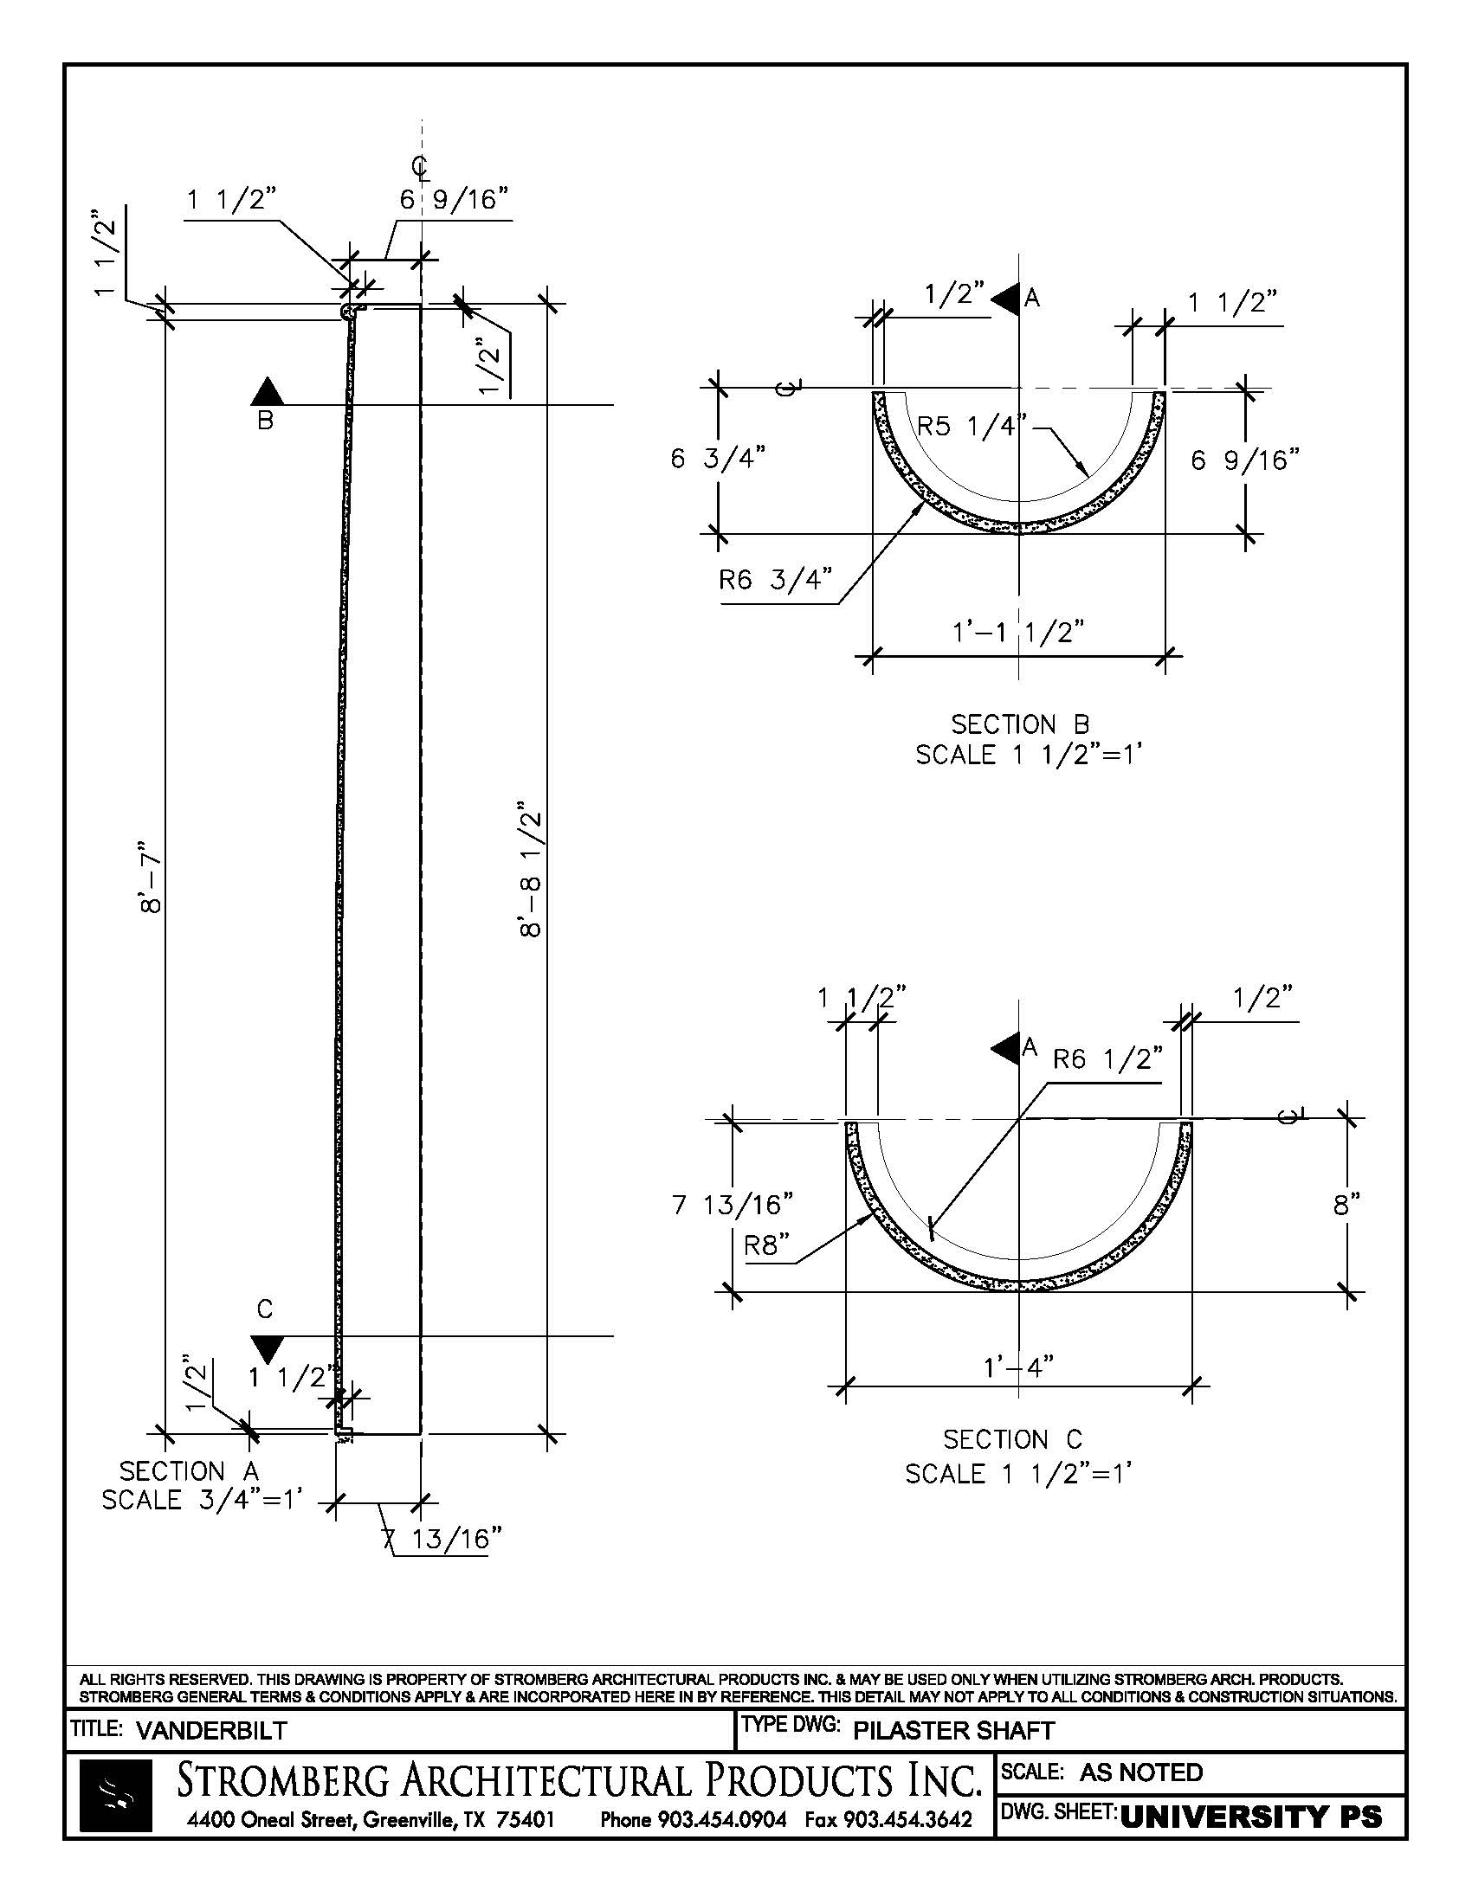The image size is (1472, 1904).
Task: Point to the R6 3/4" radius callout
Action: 774,579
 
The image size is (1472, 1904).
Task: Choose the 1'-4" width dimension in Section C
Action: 1017,1366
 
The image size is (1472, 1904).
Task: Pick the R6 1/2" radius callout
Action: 1107,1059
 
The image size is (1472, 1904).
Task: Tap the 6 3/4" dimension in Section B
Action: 718,459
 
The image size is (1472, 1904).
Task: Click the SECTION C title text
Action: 1012,1439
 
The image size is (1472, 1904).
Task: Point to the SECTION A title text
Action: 190,1471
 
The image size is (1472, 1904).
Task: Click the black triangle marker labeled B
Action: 267,392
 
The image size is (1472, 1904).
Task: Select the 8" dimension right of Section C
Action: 1346,1205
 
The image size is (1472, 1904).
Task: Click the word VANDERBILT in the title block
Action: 211,1731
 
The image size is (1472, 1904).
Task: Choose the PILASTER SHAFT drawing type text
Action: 953,1731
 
